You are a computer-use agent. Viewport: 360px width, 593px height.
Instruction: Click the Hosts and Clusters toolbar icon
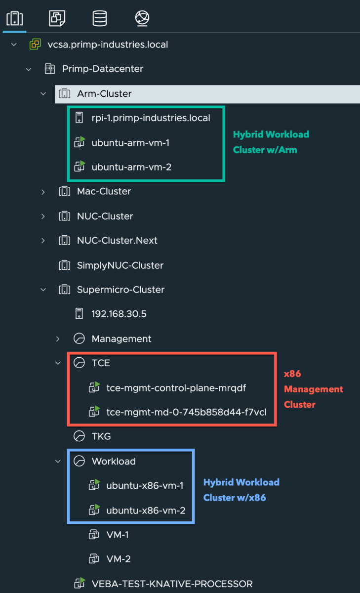tap(14, 18)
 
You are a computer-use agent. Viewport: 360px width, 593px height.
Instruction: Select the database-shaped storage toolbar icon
tap(100, 18)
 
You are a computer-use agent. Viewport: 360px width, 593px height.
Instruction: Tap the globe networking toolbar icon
tap(142, 18)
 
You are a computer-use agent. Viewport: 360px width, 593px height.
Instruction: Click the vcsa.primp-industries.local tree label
tap(108, 44)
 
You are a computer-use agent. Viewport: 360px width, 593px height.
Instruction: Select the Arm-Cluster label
tap(104, 93)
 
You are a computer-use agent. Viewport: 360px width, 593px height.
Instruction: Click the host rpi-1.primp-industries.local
tap(151, 118)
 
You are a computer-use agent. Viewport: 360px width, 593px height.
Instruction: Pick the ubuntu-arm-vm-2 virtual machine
tap(131, 167)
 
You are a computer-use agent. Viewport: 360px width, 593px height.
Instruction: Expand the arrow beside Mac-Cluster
tap(43, 192)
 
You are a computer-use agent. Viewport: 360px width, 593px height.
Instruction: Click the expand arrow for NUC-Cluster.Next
tap(43, 241)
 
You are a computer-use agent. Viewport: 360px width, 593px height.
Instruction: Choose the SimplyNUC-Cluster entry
tap(120, 265)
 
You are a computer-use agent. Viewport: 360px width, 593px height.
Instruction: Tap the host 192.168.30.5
tap(119, 314)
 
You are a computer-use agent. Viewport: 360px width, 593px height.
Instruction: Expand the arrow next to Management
tap(58, 339)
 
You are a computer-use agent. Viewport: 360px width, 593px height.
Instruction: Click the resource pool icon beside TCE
tap(79, 363)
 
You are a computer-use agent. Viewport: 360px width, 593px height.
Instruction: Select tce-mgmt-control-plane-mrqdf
tap(176, 388)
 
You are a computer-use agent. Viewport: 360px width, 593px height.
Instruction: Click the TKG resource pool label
tap(101, 436)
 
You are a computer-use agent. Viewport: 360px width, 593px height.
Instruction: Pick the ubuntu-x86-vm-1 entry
tap(145, 486)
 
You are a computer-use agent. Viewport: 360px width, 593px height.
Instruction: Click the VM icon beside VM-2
tap(93, 559)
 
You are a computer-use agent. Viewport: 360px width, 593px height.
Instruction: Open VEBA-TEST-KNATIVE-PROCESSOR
tap(172, 584)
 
